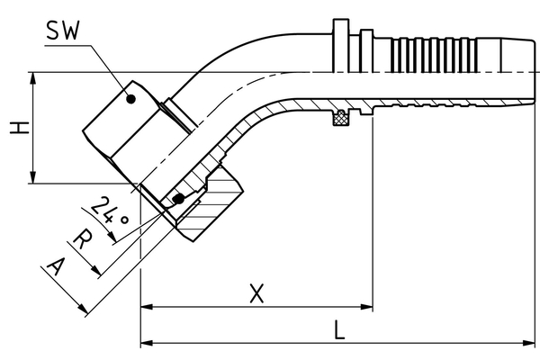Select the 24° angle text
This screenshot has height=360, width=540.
(112, 212)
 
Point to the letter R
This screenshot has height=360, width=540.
(82, 240)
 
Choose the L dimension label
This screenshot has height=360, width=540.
(338, 328)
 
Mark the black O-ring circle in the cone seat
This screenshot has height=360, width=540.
(179, 198)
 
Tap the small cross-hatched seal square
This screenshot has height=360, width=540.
(341, 117)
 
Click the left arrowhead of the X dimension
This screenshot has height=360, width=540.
(147, 307)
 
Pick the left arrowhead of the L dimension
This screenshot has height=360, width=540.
(147, 343)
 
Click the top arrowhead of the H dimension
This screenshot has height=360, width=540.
(34, 77)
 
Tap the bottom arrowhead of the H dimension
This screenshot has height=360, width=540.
(34, 179)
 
